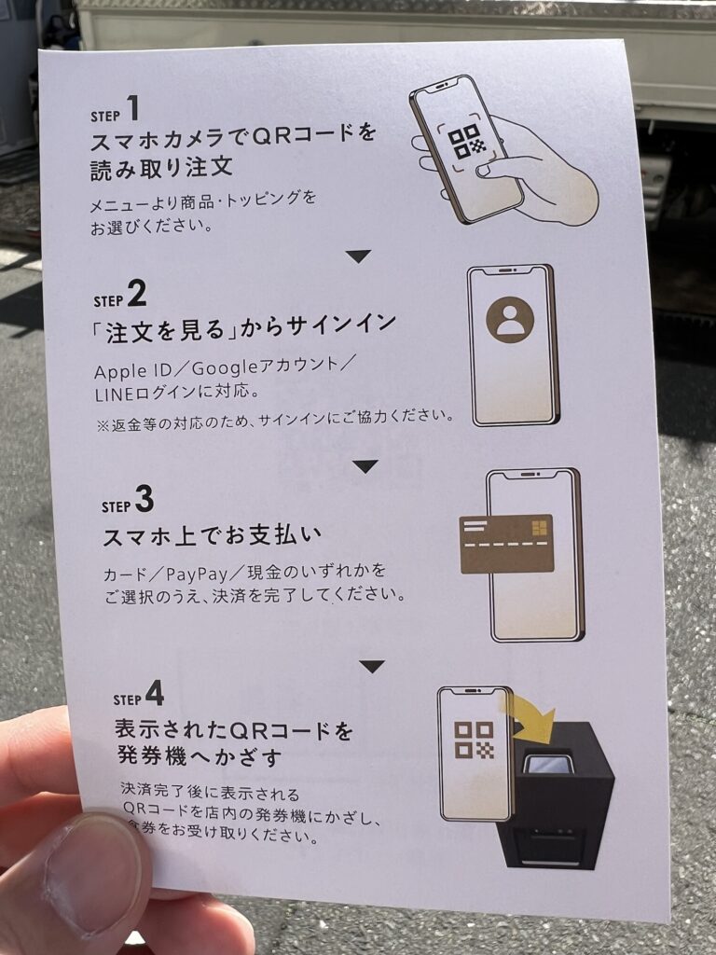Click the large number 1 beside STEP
click(133, 109)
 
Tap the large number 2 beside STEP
click(137, 296)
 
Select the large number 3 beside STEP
click(144, 501)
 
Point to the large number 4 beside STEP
click(154, 694)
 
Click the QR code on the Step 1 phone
click(468, 143)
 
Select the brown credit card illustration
click(506, 544)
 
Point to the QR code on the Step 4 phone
click(474, 740)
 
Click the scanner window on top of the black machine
click(549, 764)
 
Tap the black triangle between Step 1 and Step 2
click(358, 256)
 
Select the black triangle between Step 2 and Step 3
click(365, 465)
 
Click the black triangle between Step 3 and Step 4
click(372, 666)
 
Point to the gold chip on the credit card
click(538, 529)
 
